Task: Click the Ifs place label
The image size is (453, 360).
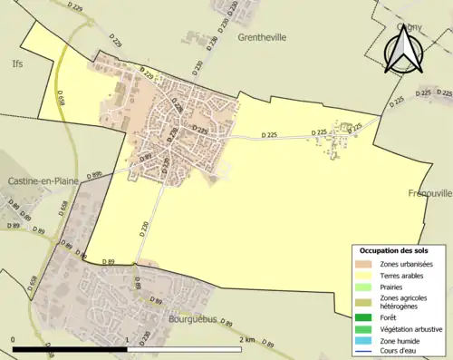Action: [x=17, y=64]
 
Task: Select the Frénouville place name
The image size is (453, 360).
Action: [x=429, y=193]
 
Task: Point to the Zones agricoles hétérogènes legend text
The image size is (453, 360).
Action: [x=405, y=302]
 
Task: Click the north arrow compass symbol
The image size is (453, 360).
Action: [x=401, y=50]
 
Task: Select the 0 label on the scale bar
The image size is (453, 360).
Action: [x=13, y=339]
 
